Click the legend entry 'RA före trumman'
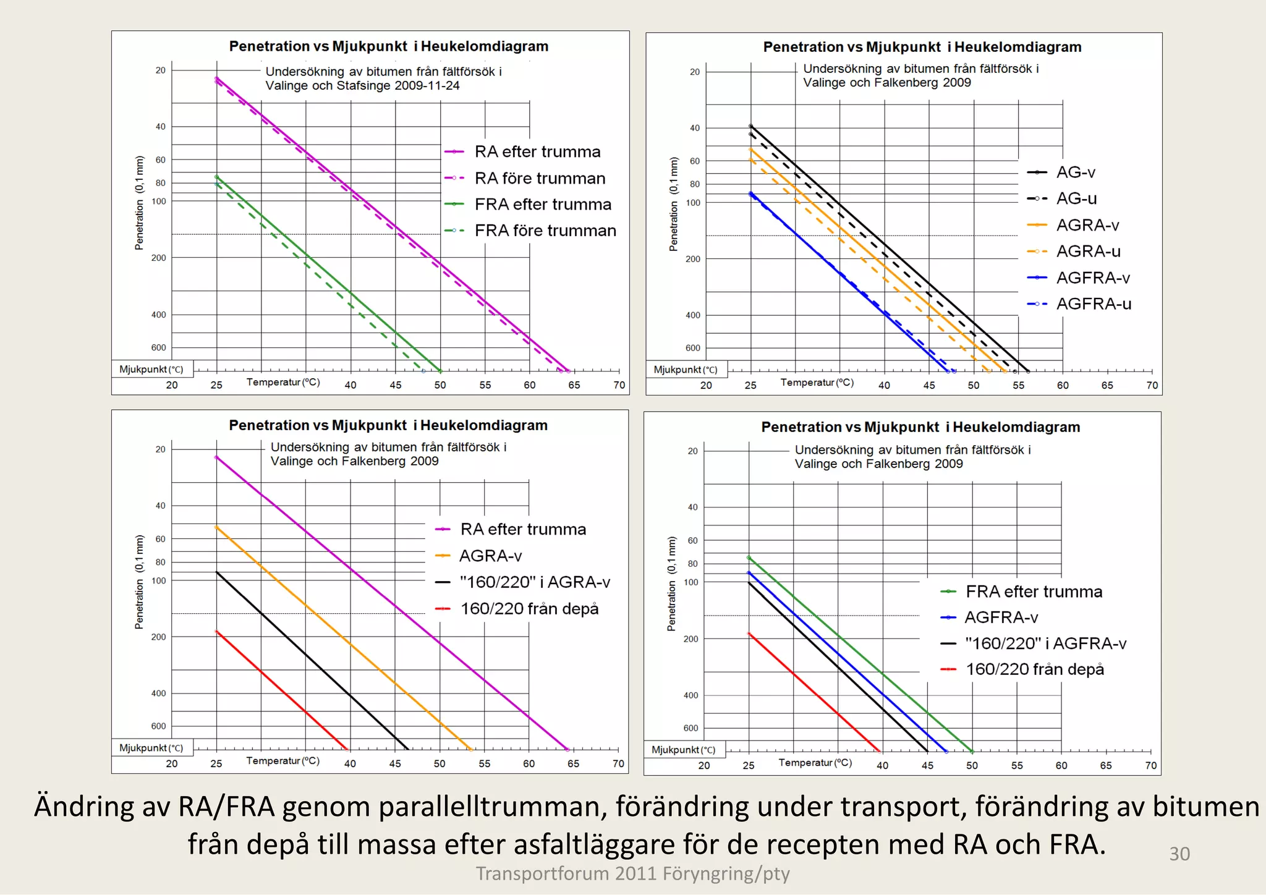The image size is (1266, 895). point(540,179)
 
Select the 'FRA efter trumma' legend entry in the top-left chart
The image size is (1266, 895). point(543,205)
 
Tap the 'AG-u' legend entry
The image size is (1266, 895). point(1076,198)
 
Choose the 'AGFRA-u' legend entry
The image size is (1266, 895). point(1094,304)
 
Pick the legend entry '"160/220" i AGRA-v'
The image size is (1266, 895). point(535,582)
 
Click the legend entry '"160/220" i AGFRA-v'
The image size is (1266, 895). point(1045,643)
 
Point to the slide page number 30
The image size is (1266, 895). point(1179,854)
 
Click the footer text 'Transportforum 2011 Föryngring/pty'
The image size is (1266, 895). point(632,873)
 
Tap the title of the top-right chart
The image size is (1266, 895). point(922,47)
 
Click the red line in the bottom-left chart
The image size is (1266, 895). point(281,690)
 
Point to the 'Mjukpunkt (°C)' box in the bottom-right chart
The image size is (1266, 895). point(683,750)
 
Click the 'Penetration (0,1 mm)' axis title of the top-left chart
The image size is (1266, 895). point(139,203)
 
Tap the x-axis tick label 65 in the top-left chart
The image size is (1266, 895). point(574,385)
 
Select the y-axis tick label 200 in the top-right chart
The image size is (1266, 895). point(692,259)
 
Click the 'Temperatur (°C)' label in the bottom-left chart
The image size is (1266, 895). point(283,761)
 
